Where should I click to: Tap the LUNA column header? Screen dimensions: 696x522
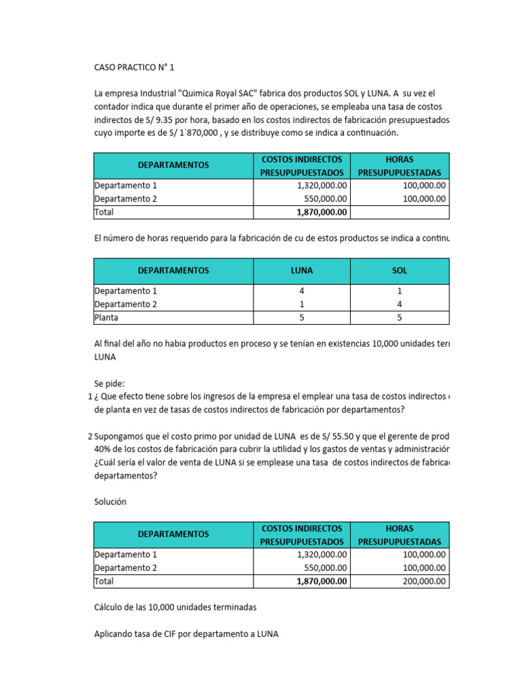coord(301,270)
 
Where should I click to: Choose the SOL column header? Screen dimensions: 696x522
coord(400,270)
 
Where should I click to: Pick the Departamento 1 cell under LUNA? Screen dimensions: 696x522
coord(301,290)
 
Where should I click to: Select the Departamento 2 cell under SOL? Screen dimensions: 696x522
coord(400,304)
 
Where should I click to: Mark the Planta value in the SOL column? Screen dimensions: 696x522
coord(400,317)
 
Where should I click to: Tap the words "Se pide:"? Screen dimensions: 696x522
coord(109,383)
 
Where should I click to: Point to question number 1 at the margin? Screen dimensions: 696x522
coord(90,396)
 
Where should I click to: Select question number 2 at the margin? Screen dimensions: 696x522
coord(90,436)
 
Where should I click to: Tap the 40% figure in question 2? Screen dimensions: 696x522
coord(104,449)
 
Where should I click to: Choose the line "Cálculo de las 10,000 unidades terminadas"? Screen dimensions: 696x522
coord(175,607)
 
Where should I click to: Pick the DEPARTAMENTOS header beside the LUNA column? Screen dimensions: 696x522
coord(173,270)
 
